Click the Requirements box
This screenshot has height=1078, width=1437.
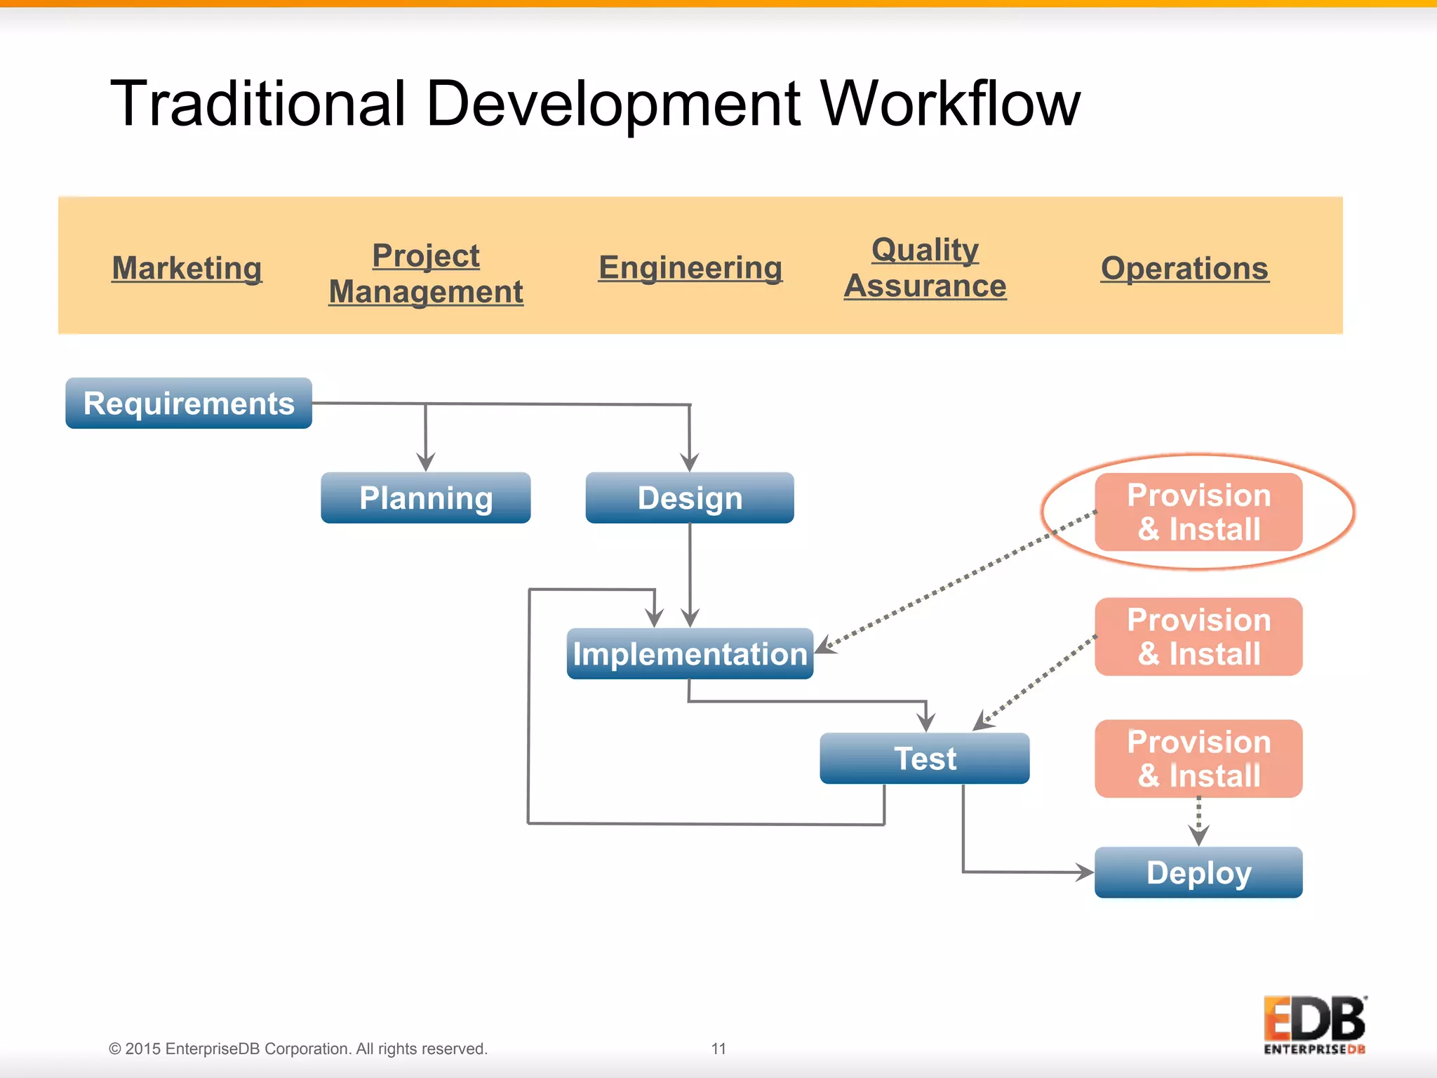pyautogui.click(x=188, y=404)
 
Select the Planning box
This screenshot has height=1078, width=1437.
pyautogui.click(x=425, y=498)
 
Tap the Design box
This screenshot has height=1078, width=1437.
pyautogui.click(x=689, y=498)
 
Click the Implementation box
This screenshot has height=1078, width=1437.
pyautogui.click(x=689, y=653)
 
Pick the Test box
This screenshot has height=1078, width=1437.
pyautogui.click(x=924, y=758)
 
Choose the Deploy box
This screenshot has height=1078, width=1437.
pyautogui.click(x=1198, y=872)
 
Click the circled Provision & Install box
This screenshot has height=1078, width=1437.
pyautogui.click(x=1198, y=512)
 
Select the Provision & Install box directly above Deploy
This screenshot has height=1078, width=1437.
pyautogui.click(x=1198, y=759)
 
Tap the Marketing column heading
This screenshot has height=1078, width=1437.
pyautogui.click(x=187, y=267)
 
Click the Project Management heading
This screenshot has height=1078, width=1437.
pyautogui.click(x=425, y=273)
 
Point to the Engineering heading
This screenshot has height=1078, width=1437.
pyautogui.click(x=690, y=267)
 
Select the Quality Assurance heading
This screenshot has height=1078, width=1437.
pyautogui.click(x=925, y=267)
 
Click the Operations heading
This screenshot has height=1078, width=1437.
pyautogui.click(x=1184, y=267)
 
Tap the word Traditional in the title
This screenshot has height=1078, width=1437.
pyautogui.click(x=258, y=104)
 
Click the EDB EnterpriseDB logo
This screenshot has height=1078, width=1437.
pyautogui.click(x=1314, y=1025)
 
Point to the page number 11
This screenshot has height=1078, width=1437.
pyautogui.click(x=718, y=1049)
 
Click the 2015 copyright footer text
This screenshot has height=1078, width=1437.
pyautogui.click(x=298, y=1049)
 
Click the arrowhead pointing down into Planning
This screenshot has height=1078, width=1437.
pyautogui.click(x=425, y=463)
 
